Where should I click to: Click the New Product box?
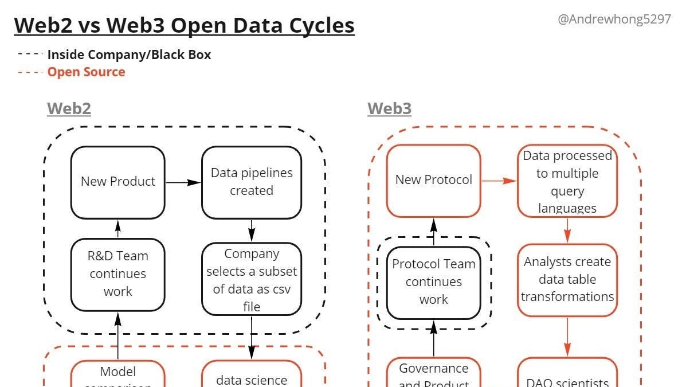[117, 182]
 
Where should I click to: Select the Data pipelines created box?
[251, 182]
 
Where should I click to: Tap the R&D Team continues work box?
[117, 273]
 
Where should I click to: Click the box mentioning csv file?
[251, 279]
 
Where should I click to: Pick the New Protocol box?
[433, 180]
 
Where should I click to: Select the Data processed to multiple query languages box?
[567, 181]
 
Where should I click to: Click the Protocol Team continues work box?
[433, 282]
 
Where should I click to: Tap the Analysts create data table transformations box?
[567, 280]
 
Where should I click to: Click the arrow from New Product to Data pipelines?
[183, 182]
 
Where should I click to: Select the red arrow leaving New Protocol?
[499, 181]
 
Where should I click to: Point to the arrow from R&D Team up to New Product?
[117, 229]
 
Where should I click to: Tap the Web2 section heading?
[69, 108]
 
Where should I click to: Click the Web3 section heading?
[389, 108]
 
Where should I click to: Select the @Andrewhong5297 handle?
[614, 19]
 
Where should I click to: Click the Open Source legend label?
[86, 72]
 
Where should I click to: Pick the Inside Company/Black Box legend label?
[129, 55]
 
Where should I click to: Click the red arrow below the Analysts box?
[567, 337]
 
